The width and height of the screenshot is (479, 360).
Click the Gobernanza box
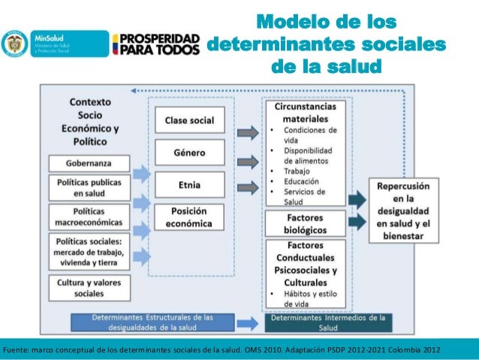click(89, 163)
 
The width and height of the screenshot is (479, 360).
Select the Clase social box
click(189, 120)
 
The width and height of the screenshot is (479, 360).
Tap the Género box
click(189, 153)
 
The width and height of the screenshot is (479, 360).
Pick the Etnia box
click(189, 184)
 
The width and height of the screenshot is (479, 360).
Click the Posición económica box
click(189, 217)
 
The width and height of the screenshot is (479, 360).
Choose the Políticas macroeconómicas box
click(89, 216)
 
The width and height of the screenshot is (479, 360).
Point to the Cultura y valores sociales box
click(89, 287)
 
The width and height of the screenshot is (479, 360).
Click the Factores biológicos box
click(306, 222)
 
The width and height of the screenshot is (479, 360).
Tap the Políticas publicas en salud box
click(89, 188)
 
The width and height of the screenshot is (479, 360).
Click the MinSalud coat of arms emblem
click(14, 45)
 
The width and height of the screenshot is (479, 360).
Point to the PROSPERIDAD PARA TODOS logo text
click(156, 47)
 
